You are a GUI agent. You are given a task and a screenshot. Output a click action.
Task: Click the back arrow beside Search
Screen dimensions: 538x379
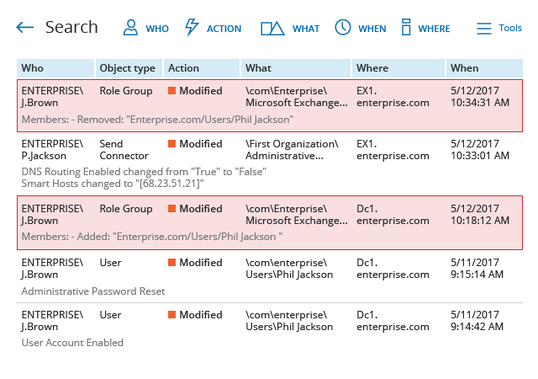point(25,27)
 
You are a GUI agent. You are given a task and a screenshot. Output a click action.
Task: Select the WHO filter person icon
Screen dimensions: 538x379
point(130,28)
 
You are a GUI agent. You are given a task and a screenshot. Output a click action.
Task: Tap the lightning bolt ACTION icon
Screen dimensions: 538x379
point(192,27)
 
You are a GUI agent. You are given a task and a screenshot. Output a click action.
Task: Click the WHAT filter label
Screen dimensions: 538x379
point(306,29)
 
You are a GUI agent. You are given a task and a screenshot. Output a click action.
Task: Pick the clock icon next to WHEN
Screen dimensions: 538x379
point(343,27)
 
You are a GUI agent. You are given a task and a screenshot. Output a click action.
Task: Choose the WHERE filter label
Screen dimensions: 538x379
point(434,29)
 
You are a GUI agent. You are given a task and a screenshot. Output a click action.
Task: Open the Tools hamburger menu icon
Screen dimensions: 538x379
point(484,29)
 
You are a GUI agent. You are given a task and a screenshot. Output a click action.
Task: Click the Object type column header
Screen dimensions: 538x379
point(127,68)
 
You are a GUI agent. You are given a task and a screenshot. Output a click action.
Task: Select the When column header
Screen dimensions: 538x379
point(465,68)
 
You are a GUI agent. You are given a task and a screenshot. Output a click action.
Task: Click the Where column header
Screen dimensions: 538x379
point(372,68)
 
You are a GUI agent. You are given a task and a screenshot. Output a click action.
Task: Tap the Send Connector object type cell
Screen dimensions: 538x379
point(124,150)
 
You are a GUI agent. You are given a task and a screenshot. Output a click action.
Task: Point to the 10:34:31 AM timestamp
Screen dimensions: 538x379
point(480,103)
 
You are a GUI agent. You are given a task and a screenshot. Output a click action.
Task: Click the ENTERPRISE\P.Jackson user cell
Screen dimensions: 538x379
point(52,150)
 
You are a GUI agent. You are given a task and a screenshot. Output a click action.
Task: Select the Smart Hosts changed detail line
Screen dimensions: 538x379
point(113,184)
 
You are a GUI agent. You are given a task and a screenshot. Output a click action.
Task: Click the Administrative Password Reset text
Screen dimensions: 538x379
point(93,291)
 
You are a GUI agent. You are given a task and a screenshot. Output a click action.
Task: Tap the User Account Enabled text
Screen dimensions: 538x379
point(72,343)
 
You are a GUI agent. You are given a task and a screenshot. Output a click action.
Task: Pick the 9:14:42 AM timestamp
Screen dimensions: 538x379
point(477,327)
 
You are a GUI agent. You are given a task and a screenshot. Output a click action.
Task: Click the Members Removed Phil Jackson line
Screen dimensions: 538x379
point(157,120)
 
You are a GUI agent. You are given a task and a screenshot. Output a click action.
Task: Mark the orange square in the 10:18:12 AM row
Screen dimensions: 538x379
point(171,208)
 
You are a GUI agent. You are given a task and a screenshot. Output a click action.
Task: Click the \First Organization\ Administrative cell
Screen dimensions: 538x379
point(292,150)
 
